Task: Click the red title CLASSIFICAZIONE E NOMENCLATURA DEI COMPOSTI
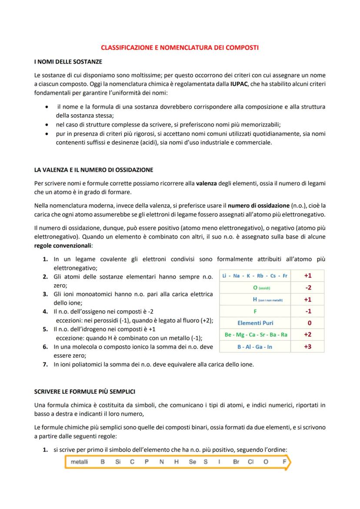tap(180, 47)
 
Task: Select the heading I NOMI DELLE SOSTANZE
tap(68, 62)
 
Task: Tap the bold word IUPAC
tap(239, 84)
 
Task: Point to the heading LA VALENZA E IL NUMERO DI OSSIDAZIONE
tap(93, 170)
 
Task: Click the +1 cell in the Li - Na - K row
tap(307, 276)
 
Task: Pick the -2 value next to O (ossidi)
tap(307, 287)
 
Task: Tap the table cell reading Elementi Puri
tap(255, 323)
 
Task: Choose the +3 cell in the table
tap(307, 346)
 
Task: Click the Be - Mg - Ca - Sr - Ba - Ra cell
tap(255, 335)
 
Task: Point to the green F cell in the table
tap(255, 311)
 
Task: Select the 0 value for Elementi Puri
tap(309, 323)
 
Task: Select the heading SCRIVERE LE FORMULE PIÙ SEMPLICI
tap(85, 391)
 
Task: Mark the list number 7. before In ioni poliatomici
tap(45, 365)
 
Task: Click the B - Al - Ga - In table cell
tap(255, 346)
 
